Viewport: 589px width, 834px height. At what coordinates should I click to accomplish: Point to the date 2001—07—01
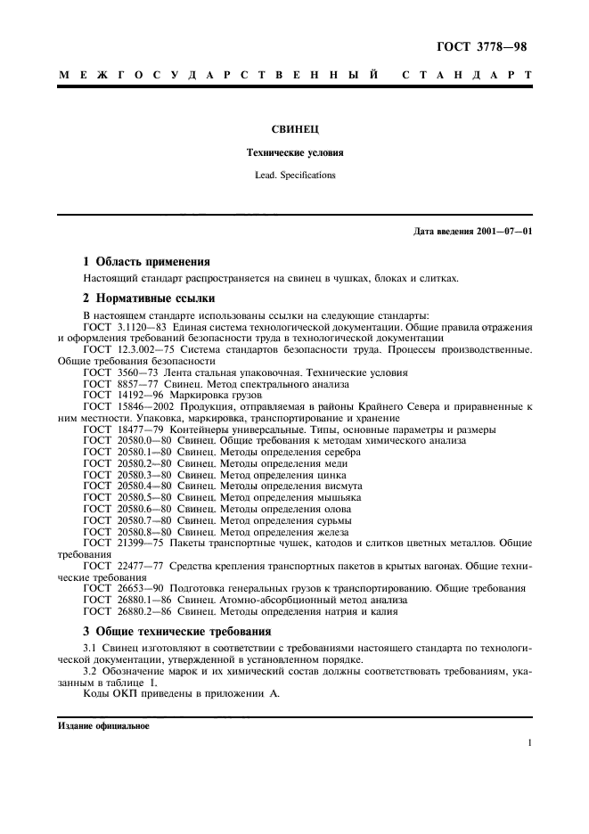[506, 233]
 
